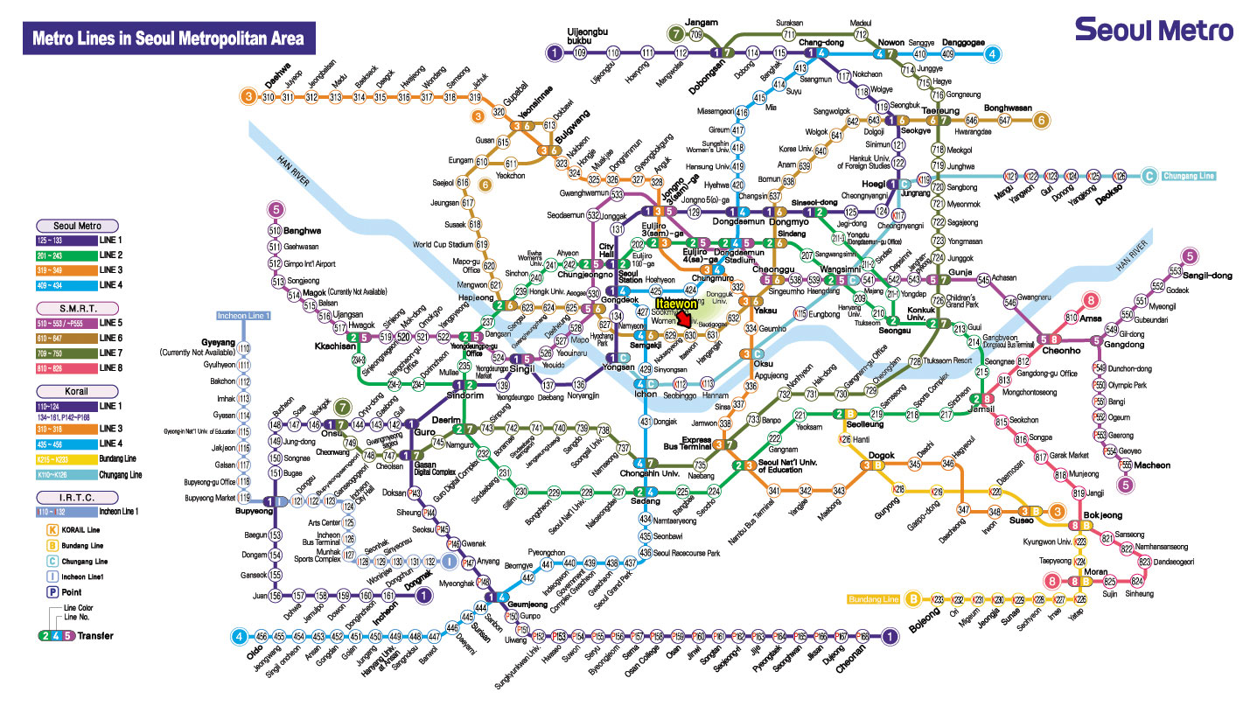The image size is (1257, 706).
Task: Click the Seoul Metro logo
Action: point(1154,30)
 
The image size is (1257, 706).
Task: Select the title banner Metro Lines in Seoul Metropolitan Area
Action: point(168,39)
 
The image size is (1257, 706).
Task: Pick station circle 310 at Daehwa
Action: point(269,97)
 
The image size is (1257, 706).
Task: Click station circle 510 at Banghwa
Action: point(275,230)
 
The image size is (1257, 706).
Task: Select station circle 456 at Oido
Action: point(262,637)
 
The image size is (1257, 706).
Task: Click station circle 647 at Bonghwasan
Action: point(1004,120)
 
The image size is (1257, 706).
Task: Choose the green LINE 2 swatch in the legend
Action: point(54,255)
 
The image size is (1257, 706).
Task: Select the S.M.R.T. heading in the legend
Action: point(77,308)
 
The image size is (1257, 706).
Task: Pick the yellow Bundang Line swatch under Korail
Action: point(54,458)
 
